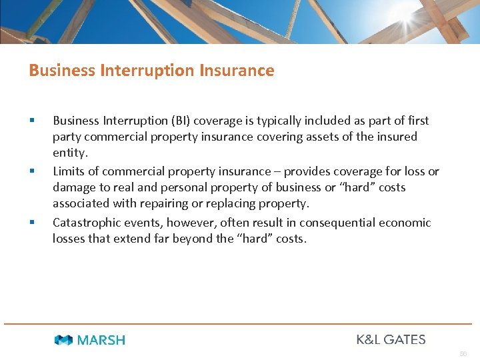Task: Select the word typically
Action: click(265, 121)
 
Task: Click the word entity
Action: click(70, 153)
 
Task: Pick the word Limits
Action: click(69, 171)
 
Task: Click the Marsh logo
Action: click(89, 340)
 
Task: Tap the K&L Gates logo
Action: click(391, 339)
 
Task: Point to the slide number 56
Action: click(463, 353)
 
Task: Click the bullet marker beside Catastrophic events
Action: click(31, 222)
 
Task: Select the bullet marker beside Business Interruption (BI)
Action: click(31, 121)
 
